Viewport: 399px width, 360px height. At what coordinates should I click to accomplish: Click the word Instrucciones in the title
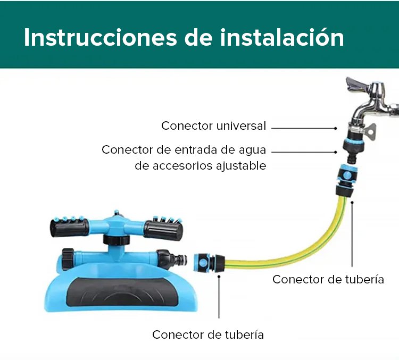(100, 38)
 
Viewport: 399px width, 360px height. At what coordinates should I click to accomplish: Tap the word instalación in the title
(282, 37)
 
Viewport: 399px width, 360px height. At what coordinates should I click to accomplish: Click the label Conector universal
(214, 125)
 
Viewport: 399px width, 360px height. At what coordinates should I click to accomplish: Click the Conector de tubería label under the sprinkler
(208, 335)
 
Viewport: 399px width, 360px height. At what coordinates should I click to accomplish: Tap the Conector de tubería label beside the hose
(328, 280)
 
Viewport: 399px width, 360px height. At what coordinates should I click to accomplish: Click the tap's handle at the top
(357, 85)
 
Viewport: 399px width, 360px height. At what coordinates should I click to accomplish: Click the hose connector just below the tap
(346, 180)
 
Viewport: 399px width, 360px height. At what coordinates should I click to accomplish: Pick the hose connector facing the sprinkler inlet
(209, 262)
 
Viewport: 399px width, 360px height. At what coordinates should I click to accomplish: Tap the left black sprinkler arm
(70, 228)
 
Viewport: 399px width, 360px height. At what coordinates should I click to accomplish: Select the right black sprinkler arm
(163, 230)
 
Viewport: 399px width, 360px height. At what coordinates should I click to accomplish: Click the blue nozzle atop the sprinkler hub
(117, 213)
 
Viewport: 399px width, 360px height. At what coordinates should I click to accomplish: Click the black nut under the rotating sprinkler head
(117, 240)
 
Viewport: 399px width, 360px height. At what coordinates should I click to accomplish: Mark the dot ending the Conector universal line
(336, 129)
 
